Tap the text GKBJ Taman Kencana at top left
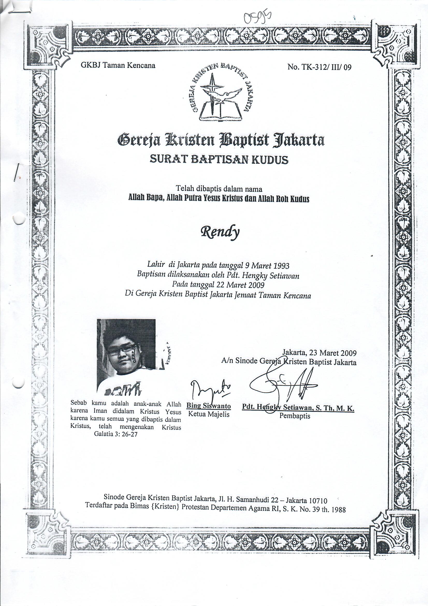(x=118, y=65)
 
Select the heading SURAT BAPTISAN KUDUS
(x=219, y=159)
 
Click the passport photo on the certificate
(x=126, y=357)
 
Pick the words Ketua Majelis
(x=209, y=414)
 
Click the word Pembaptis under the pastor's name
(x=295, y=416)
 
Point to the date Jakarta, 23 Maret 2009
(x=319, y=353)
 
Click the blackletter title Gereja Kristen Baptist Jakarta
(x=221, y=140)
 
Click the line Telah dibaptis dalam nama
(x=219, y=189)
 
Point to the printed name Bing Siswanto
(x=209, y=406)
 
